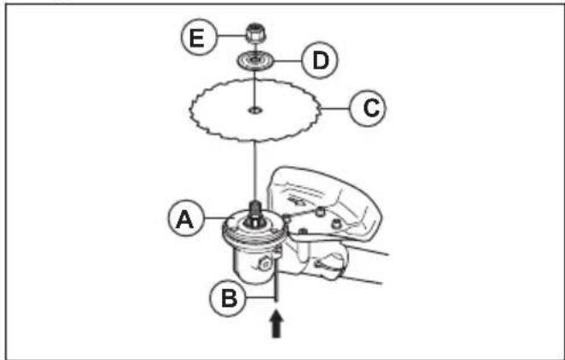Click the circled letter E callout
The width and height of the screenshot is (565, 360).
click(199, 37)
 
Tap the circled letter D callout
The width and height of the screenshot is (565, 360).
click(320, 60)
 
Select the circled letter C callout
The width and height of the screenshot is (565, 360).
click(368, 108)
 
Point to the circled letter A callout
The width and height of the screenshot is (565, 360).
click(186, 218)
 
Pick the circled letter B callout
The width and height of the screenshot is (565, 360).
click(228, 298)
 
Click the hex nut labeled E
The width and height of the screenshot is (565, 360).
click(255, 33)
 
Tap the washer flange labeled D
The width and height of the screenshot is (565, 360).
click(255, 60)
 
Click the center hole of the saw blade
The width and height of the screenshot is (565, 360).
click(255, 110)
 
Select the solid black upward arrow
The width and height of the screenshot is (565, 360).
click(276, 324)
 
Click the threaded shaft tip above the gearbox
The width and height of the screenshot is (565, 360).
click(255, 207)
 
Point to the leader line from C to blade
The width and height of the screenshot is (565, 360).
click(335, 108)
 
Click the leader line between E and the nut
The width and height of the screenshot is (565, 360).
click(231, 35)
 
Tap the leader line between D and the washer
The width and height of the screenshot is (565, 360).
click(287, 61)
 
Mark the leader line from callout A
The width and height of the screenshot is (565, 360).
click(214, 218)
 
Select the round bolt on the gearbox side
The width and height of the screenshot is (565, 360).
click(266, 265)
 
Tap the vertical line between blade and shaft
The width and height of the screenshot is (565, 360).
click(255, 171)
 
